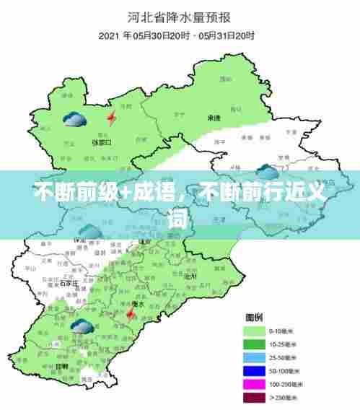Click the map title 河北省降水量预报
(179, 15)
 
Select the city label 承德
(214, 117)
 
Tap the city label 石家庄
(69, 283)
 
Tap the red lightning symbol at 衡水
(131, 314)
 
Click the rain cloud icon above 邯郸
(79, 328)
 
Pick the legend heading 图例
(255, 318)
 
